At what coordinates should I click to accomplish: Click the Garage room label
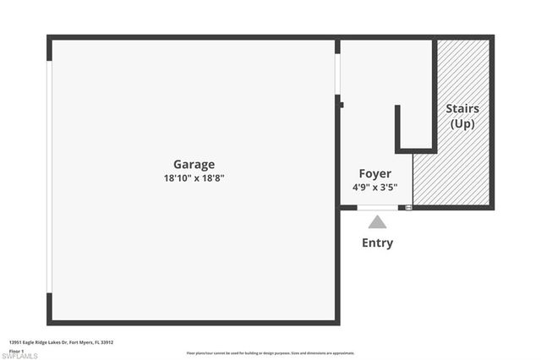[x=194, y=164]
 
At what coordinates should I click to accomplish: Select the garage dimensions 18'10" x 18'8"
[x=194, y=178]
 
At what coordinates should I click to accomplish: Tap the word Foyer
[x=375, y=173]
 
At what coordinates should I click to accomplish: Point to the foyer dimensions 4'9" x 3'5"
[x=375, y=188]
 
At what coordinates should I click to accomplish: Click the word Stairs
[x=462, y=108]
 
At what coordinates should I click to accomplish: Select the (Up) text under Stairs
[x=462, y=123]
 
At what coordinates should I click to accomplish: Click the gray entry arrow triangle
[x=377, y=222]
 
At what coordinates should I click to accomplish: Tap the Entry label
[x=377, y=243]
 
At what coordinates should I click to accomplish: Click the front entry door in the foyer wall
[x=377, y=207]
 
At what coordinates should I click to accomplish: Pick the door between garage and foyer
[x=337, y=74]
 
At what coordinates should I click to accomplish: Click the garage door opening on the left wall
[x=50, y=177]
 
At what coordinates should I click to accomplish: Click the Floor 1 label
[x=17, y=350]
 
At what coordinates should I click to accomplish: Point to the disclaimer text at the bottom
[x=270, y=353]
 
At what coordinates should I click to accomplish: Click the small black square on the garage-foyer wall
[x=341, y=105]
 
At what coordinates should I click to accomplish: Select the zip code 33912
[x=107, y=342]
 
